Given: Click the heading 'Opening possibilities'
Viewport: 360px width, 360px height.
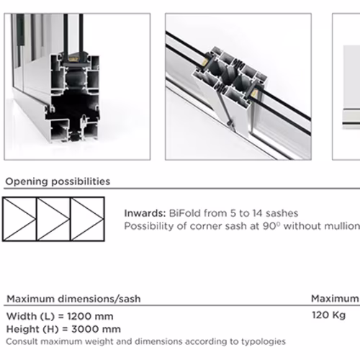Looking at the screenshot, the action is coord(58,181).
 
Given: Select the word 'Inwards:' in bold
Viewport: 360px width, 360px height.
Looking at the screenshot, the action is coord(145,213).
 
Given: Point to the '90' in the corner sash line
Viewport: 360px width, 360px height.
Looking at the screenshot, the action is coord(269,226).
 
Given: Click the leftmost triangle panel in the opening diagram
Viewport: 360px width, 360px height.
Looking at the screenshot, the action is coord(19,219).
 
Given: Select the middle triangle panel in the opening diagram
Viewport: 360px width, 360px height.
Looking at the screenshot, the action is coord(53,219).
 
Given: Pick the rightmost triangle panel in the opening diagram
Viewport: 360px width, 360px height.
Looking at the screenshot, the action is coord(88,219).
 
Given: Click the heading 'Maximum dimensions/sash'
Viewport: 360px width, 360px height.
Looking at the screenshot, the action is coord(73,299).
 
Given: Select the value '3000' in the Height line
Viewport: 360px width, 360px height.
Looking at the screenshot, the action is coord(85,329).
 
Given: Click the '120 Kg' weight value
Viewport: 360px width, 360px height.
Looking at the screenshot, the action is coord(329,315).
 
